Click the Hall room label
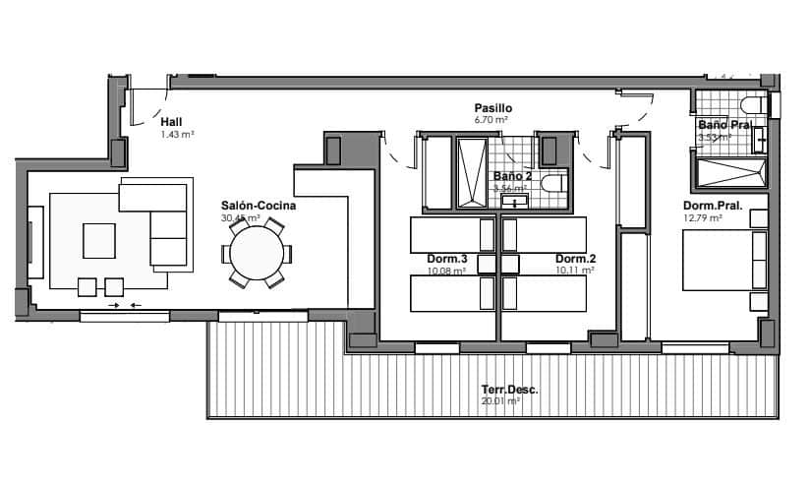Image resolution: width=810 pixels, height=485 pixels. coord(171,122)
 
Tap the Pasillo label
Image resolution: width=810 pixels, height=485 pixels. coord(492,108)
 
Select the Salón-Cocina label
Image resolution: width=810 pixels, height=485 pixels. coord(259,206)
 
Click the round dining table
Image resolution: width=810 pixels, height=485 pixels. coord(258,253)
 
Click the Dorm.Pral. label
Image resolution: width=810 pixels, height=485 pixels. coord(712,207)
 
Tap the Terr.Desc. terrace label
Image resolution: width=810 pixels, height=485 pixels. coord(509,390)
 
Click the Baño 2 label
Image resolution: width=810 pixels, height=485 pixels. coord(512,177)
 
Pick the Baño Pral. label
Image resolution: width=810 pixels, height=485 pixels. coord(725,126)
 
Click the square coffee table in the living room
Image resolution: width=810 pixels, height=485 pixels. coord(98,239)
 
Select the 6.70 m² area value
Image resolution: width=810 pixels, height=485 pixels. coord(491,120)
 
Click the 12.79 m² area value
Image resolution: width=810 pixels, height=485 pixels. coord(702,218)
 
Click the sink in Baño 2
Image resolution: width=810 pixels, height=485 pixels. coord(514,202)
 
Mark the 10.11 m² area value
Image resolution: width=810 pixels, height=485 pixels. coord(575,270)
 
